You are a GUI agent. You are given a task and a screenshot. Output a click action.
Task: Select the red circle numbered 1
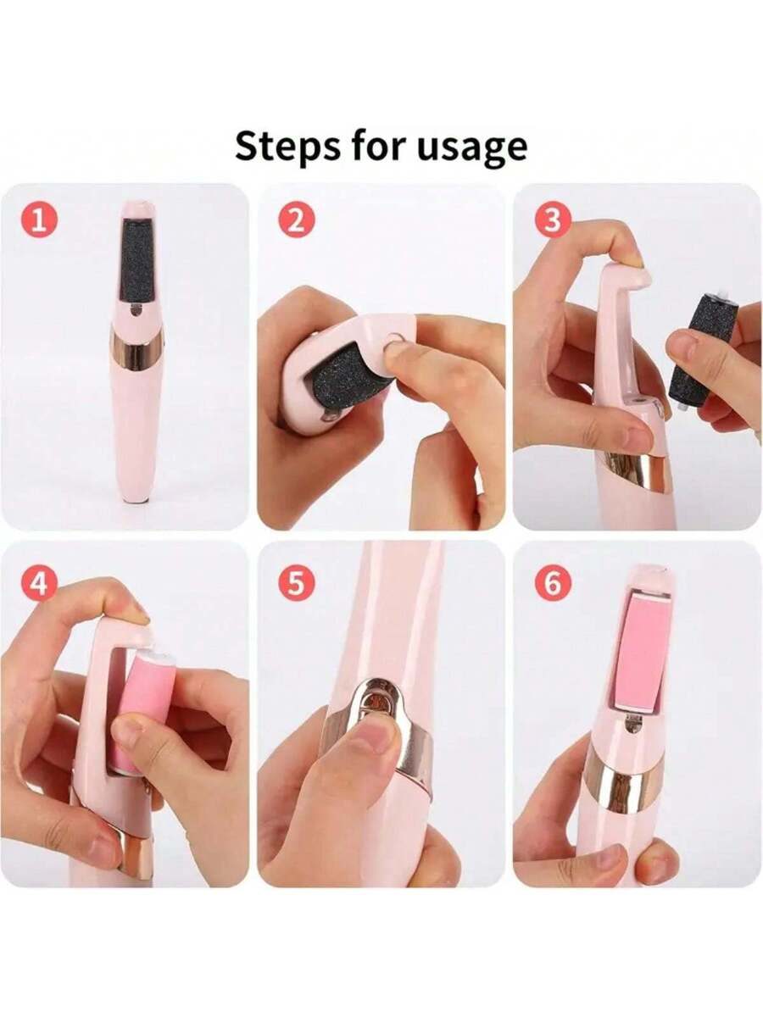pyautogui.click(x=40, y=220)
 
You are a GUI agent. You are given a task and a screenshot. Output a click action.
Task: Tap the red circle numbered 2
pyautogui.click(x=295, y=220)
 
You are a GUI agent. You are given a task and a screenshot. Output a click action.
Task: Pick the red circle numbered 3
pyautogui.click(x=551, y=220)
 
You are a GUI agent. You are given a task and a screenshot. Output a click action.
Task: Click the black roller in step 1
pyautogui.click(x=136, y=262)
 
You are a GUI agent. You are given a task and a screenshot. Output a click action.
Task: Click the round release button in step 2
pyautogui.click(x=395, y=340)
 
